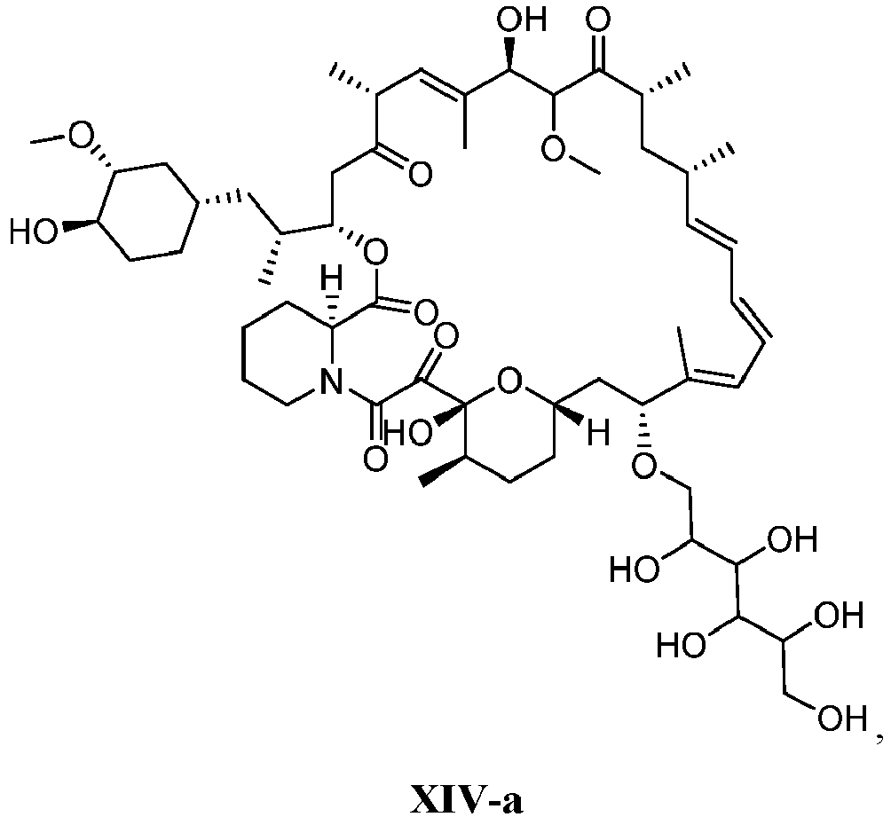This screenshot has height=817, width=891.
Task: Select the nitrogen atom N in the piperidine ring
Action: tap(332, 381)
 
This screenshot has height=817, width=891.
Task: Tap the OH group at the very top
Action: tap(522, 20)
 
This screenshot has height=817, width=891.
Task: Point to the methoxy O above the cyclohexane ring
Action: tap(80, 136)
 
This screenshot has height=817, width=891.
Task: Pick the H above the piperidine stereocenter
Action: tap(333, 279)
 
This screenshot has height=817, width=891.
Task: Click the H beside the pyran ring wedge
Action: tap(597, 432)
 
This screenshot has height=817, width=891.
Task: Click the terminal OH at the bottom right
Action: tap(841, 719)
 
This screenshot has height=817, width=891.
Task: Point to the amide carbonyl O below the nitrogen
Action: tap(375, 459)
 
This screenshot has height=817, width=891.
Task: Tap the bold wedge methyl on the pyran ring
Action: tap(442, 470)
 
